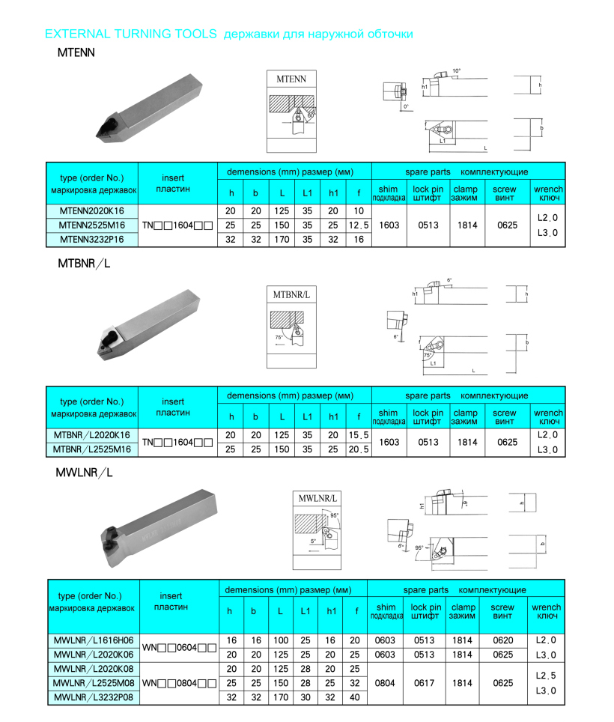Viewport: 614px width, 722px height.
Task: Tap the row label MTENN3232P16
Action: [x=93, y=240]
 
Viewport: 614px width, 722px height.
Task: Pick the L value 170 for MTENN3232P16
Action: [x=282, y=240]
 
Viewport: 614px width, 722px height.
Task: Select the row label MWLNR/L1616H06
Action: [x=94, y=640]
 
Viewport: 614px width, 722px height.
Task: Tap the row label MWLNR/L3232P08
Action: [x=94, y=697]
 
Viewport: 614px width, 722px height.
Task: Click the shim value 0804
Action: [x=386, y=683]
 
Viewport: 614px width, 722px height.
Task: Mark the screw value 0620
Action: [x=503, y=640]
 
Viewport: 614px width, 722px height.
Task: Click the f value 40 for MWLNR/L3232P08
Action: [x=355, y=697]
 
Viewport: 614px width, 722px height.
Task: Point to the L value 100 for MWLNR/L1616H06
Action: [x=279, y=640]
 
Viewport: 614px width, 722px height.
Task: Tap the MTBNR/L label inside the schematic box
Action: [x=291, y=295]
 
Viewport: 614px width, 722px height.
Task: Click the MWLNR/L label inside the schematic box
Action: [x=318, y=498]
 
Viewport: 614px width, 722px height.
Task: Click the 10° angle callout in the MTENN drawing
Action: [x=457, y=71]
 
